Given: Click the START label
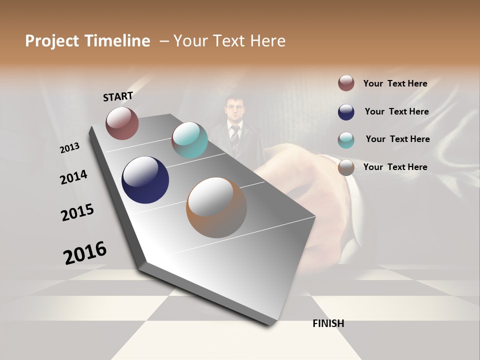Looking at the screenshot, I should coord(118,96).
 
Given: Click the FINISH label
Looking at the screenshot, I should coord(328,323).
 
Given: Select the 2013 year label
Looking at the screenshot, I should coord(70,148).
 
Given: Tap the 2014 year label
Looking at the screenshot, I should coord(73,177).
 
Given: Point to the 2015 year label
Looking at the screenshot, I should coord(77,212).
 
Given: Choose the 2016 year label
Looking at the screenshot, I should coord(85,253).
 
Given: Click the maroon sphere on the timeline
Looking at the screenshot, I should coord(122,123).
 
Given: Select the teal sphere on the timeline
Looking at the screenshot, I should coord(189,140).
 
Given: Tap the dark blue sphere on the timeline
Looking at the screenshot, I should coord(145,180).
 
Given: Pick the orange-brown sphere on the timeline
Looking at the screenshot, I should coord(216,207).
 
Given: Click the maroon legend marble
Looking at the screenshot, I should coord(346,83).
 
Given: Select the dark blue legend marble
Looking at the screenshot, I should coord(346,111).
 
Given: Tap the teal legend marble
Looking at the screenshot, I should coord(346,139).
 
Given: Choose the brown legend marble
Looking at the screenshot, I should coord(346,167).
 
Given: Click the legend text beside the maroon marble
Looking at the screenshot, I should coord(395,83).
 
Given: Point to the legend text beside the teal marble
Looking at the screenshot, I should coord(397,139).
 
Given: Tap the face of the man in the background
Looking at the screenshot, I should coord(234,108).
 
